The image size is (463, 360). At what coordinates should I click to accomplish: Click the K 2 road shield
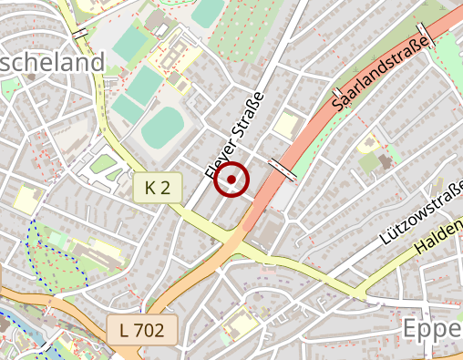pyautogui.click(x=158, y=189)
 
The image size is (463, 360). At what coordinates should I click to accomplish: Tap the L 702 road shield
pyautogui.click(x=140, y=330)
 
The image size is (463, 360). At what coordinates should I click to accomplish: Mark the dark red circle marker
pyautogui.click(x=232, y=180)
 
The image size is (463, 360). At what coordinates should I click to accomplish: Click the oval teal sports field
pyautogui.click(x=162, y=127)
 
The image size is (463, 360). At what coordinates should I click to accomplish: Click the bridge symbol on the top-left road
pyautogui.click(x=80, y=33)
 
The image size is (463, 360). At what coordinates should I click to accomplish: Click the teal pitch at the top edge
pyautogui.click(x=208, y=11)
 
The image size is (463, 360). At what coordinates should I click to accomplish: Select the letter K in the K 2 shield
pyautogui.click(x=150, y=189)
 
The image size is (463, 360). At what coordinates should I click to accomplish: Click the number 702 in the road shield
pyautogui.click(x=149, y=330)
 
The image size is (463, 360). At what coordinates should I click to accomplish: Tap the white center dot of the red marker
pyautogui.click(x=232, y=180)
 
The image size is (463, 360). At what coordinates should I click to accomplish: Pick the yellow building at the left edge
pyautogui.click(x=26, y=199)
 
